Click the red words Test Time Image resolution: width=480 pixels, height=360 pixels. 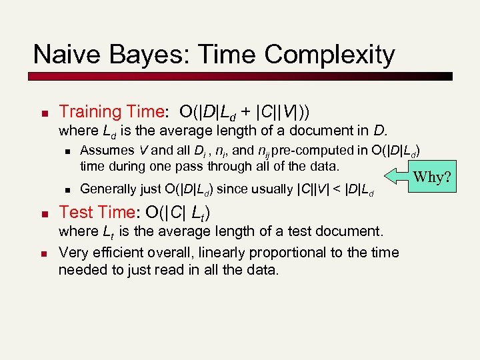97,212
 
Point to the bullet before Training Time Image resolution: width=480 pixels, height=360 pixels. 42,112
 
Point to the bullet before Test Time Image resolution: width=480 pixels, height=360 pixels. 42,213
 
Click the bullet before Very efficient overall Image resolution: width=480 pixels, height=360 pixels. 42,253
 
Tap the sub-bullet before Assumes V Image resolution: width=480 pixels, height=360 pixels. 67,150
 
